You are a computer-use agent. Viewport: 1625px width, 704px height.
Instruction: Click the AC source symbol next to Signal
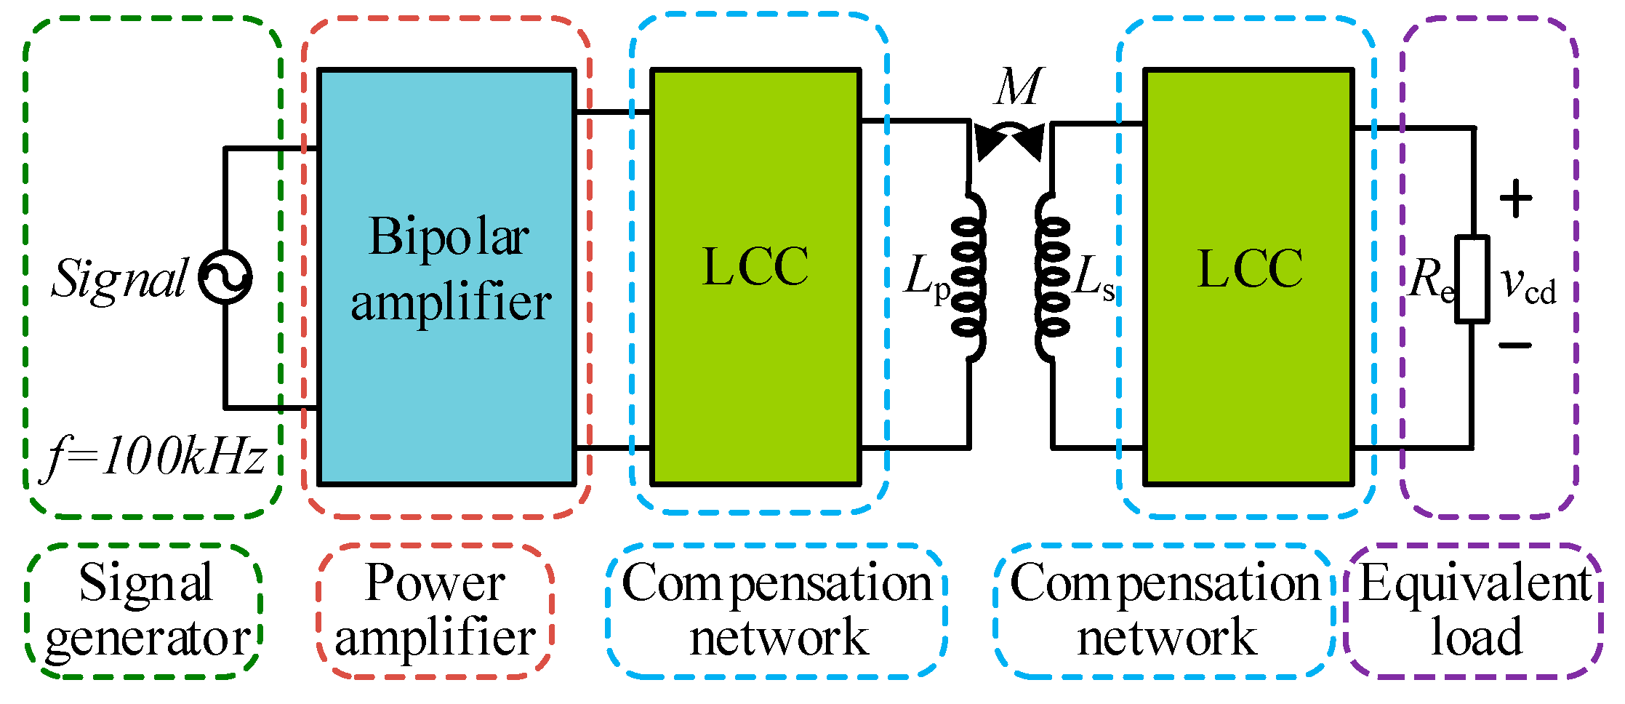[x=225, y=278]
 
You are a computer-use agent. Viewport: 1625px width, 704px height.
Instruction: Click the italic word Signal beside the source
[x=121, y=279]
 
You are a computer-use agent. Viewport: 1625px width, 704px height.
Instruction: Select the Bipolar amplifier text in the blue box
[x=449, y=268]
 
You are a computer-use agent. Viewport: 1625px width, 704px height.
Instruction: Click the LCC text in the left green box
[x=755, y=267]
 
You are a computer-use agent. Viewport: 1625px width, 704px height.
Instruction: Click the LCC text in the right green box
[x=1250, y=268]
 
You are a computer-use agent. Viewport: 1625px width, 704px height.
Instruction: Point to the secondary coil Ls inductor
[x=1051, y=276]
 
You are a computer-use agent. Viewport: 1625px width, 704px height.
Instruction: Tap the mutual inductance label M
[x=1019, y=87]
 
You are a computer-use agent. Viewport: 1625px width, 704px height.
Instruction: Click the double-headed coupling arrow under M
[x=1010, y=140]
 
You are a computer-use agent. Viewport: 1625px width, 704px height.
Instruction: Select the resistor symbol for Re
[x=1472, y=279]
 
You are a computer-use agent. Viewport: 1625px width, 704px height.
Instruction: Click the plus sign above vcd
[x=1516, y=199]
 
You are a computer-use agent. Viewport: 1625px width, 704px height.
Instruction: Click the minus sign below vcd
[x=1515, y=345]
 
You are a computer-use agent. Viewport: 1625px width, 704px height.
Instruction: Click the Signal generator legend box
[x=145, y=611]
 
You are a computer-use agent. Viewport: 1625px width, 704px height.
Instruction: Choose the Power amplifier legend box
[x=435, y=611]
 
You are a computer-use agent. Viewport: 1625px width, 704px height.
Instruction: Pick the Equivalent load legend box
[x=1474, y=611]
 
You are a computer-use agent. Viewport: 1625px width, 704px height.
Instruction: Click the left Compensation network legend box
[x=777, y=611]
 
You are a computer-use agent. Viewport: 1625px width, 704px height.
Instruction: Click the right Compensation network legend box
[x=1165, y=611]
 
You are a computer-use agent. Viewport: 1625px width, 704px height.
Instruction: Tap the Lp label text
[x=926, y=279]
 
